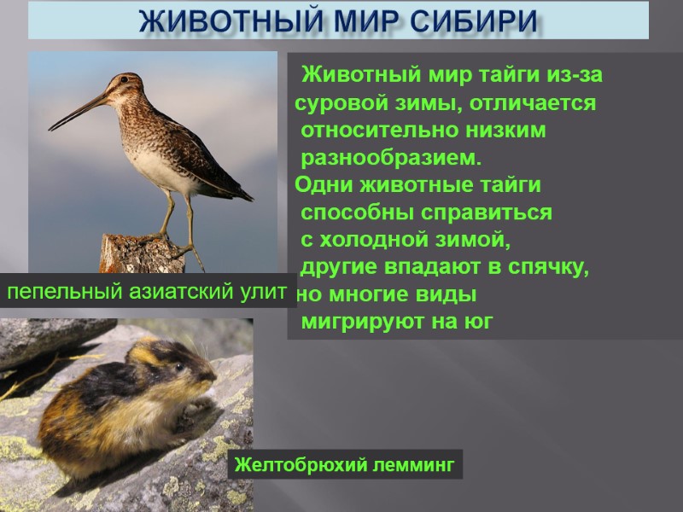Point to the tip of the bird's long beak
pos(50,130)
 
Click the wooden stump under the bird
pos(141,254)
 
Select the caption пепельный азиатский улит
pos(147,292)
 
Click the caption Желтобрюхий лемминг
pos(345,465)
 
